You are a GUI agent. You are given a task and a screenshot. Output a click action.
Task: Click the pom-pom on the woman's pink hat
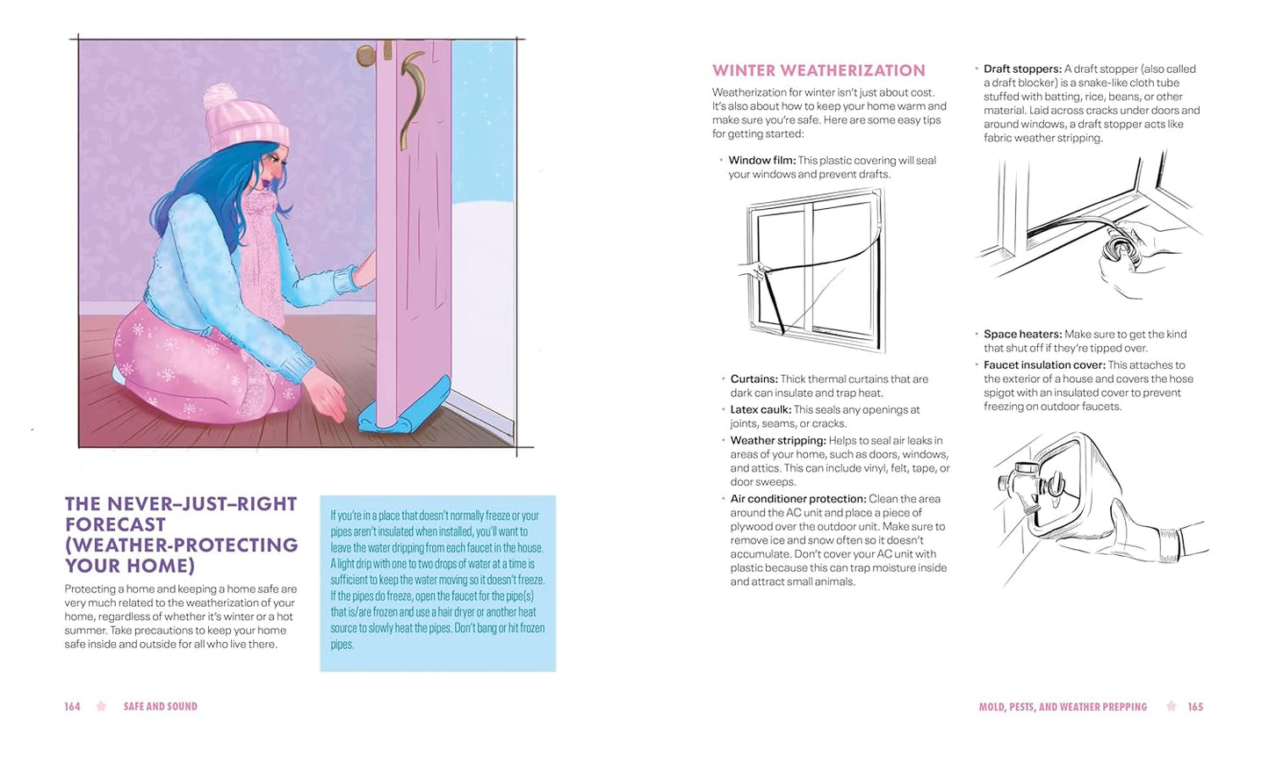(220, 94)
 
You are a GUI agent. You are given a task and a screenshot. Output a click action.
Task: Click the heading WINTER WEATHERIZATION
(818, 71)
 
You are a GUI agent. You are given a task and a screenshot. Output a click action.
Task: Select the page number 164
(72, 706)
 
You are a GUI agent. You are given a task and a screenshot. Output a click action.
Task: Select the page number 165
(1195, 706)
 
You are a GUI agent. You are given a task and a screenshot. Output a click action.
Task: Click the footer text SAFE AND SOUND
(161, 706)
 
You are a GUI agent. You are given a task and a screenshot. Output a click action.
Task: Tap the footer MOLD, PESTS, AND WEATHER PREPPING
(1063, 706)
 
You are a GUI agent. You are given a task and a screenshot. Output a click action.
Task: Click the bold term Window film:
(762, 161)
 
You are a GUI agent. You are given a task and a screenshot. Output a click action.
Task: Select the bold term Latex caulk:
(761, 409)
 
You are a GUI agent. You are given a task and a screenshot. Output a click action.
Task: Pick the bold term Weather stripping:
(778, 441)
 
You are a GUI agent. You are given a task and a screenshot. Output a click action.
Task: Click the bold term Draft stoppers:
(1022, 69)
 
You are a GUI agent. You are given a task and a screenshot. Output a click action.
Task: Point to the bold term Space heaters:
(1022, 335)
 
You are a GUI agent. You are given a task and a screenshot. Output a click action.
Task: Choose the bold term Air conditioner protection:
(798, 499)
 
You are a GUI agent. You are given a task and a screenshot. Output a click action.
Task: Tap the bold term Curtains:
(753, 379)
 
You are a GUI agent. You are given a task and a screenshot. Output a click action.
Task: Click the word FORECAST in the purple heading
(115, 524)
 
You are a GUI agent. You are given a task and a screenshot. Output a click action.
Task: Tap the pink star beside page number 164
(101, 706)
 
